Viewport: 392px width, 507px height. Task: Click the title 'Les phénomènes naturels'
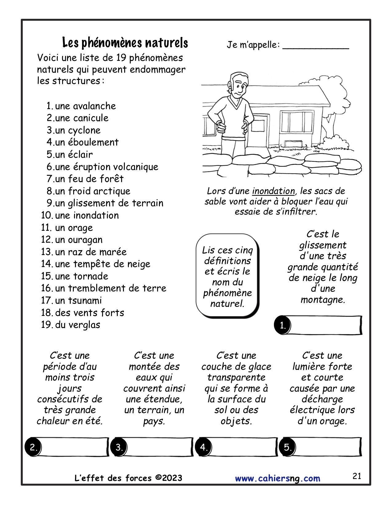point(125,43)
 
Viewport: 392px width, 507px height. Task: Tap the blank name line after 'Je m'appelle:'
point(315,46)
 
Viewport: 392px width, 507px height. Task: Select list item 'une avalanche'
point(85,106)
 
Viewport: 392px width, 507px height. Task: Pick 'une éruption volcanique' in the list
point(106,167)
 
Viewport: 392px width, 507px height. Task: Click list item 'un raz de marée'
point(91,252)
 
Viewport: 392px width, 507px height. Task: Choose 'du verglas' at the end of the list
point(77,325)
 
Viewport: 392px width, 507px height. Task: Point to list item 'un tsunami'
point(78,301)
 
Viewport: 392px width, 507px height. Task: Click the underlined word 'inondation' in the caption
point(273,191)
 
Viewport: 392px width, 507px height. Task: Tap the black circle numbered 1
point(283,325)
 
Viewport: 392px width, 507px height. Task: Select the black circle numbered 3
point(119,447)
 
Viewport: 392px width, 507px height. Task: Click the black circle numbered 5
point(287,447)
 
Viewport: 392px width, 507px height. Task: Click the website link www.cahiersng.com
point(277,478)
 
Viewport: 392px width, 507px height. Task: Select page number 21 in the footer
point(357,476)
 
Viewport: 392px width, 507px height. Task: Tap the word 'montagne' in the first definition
point(323,300)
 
